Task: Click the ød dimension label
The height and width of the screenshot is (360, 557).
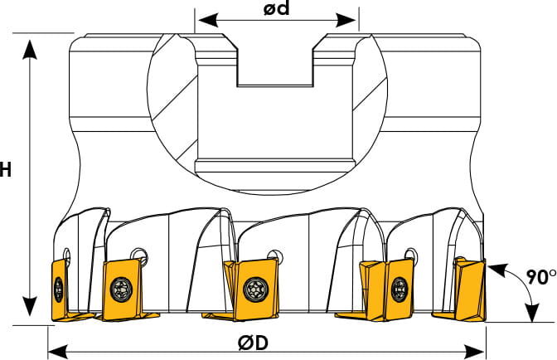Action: [276, 8]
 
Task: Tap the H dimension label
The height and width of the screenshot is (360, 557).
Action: [5, 169]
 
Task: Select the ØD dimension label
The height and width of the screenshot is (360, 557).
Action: [254, 343]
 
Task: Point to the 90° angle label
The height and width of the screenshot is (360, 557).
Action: [541, 277]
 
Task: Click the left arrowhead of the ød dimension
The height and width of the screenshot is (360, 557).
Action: [208, 20]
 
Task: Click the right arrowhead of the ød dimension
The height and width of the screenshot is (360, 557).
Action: [346, 20]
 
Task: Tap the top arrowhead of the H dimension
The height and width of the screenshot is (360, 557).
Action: [30, 50]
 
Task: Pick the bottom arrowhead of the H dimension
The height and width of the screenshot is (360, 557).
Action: [30, 306]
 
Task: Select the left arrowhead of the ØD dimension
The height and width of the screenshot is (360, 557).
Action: [58, 352]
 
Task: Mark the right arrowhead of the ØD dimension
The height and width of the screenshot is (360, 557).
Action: [475, 352]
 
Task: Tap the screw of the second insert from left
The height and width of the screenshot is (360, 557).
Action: [122, 289]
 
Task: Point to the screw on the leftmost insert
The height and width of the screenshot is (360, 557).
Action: [59, 289]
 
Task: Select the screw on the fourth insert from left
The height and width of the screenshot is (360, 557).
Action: [400, 289]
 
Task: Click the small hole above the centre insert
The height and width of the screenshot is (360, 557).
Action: [274, 256]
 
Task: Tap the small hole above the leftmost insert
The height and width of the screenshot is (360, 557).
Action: [66, 255]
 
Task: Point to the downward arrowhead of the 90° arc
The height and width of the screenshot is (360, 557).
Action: [532, 312]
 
